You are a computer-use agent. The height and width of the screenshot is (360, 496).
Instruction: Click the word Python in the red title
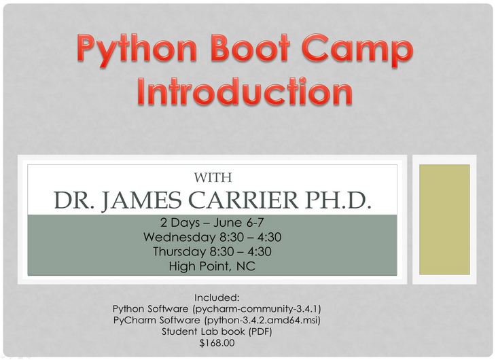click(137, 51)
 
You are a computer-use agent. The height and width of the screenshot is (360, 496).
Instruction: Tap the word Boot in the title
click(250, 48)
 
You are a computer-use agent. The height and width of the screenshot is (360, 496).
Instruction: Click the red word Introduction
click(245, 91)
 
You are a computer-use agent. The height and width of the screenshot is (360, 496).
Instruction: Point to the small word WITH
click(213, 177)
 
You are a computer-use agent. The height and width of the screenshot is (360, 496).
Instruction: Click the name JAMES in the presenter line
click(141, 200)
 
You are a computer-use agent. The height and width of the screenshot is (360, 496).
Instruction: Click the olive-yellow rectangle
click(444, 219)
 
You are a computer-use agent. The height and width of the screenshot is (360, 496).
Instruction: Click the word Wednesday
click(179, 237)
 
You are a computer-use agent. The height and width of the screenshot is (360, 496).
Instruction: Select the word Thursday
click(179, 251)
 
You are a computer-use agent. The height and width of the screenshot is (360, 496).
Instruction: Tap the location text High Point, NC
click(212, 266)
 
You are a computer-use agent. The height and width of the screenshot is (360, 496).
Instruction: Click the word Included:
click(217, 298)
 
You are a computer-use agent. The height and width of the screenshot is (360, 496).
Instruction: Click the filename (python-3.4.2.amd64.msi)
click(262, 320)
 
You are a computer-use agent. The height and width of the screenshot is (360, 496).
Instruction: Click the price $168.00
click(217, 343)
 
